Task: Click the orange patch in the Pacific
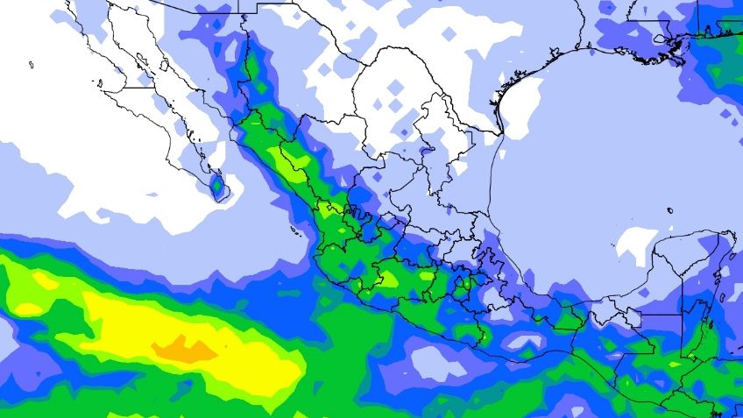pyautogui.click(x=184, y=348)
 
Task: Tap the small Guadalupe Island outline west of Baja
pyautogui.click(x=31, y=64)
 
